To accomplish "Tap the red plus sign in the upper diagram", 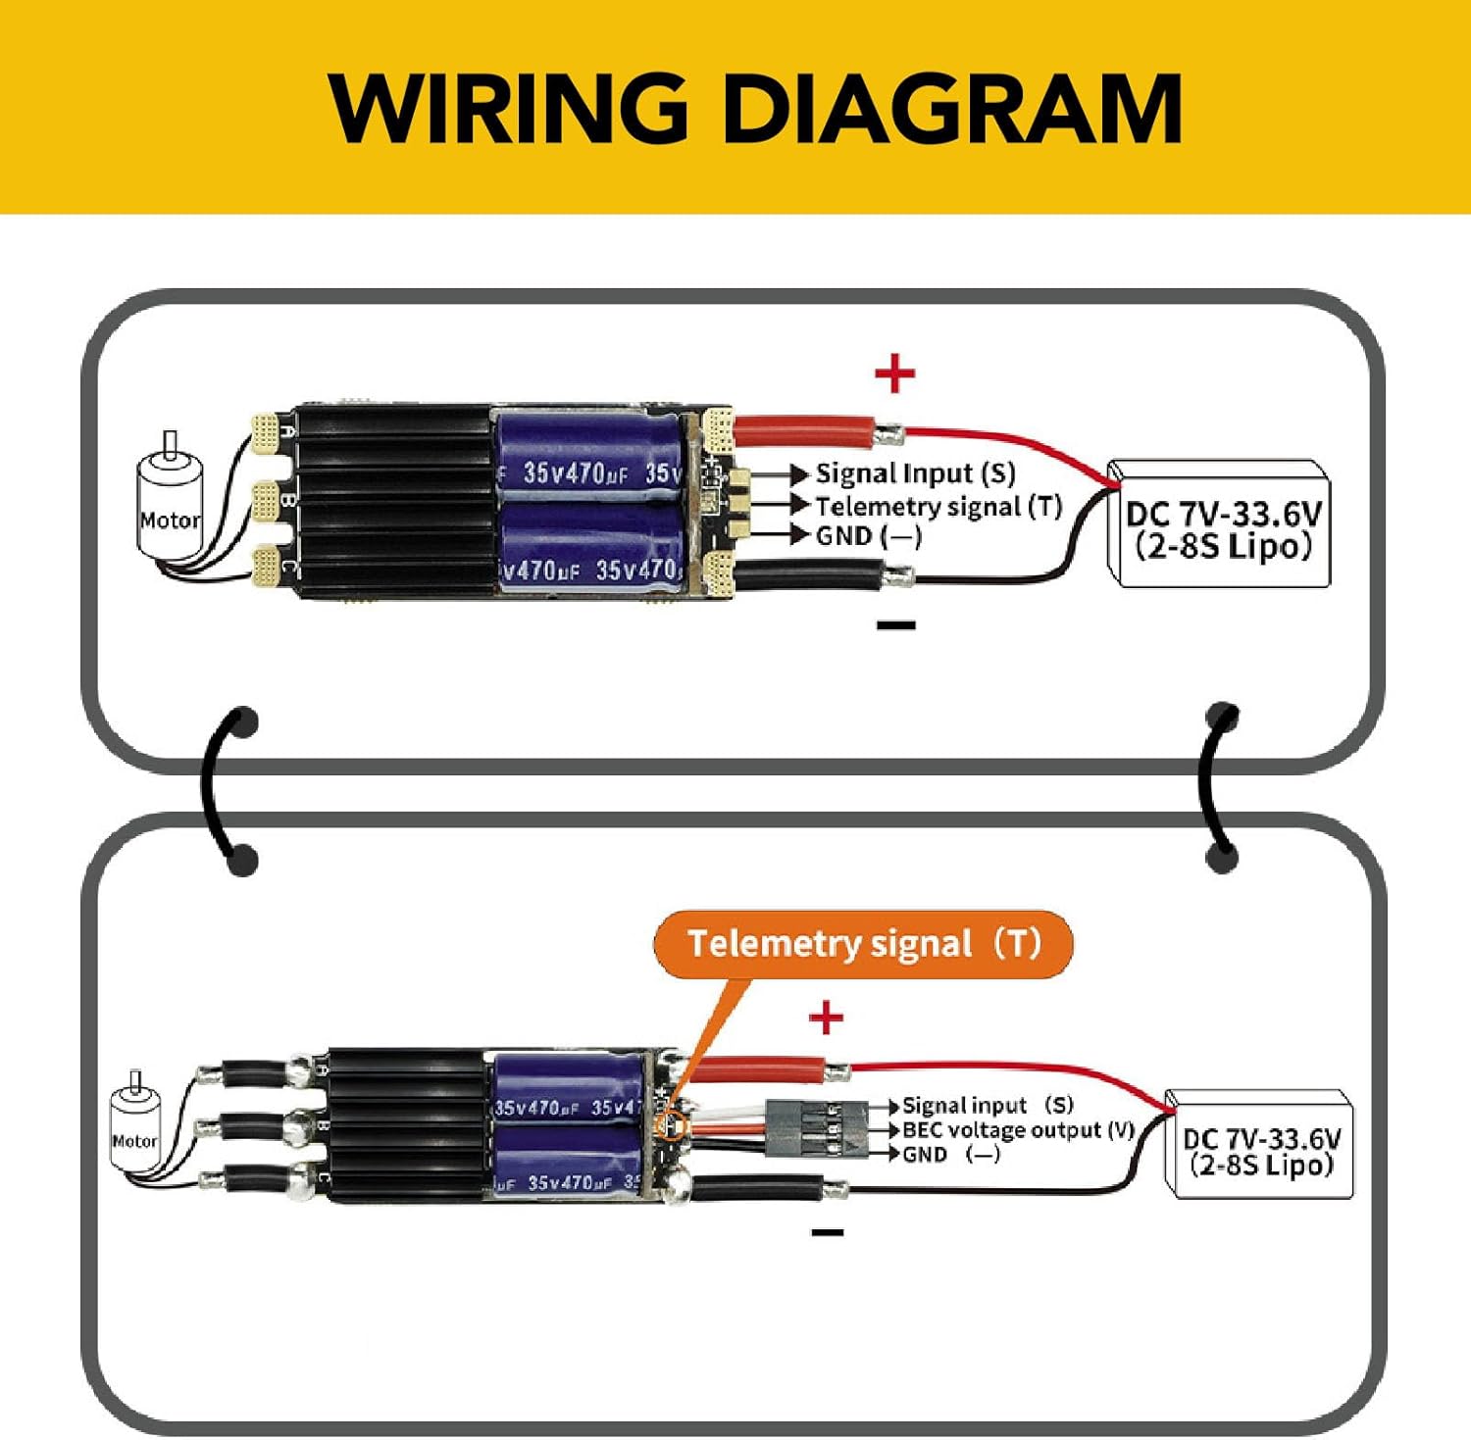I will (894, 373).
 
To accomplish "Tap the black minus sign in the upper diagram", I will (895, 624).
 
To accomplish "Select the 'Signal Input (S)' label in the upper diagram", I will (915, 473).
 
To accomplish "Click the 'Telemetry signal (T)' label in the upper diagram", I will (938, 506).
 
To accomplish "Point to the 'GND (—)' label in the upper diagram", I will (868, 535).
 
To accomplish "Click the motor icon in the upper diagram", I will (169, 505).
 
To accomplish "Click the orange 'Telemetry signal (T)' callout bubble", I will (863, 944).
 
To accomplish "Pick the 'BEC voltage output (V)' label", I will (1018, 1130).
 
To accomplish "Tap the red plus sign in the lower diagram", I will (826, 1018).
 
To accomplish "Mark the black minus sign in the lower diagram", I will (828, 1232).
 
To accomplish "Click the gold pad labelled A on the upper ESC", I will (265, 432).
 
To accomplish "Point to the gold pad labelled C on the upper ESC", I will (265, 564).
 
